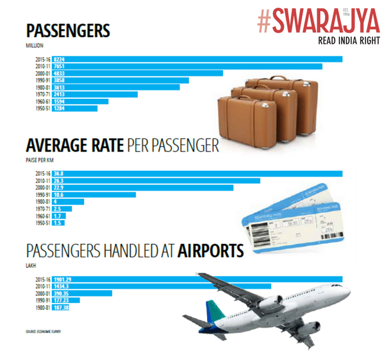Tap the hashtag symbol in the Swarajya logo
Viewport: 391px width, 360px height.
263,21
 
